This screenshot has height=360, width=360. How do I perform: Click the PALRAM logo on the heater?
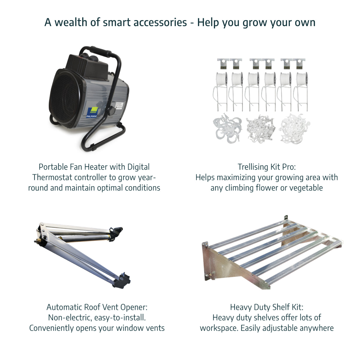pyautogui.click(x=91, y=113)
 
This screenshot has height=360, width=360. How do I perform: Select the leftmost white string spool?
pyautogui.click(x=221, y=79)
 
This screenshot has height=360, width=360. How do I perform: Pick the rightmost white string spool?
pyautogui.click(x=302, y=79)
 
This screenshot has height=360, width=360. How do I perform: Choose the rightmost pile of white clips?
pyautogui.click(x=294, y=129)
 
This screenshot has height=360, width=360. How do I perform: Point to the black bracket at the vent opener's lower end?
pyautogui.click(x=121, y=281)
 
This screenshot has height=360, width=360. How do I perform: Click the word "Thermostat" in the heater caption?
pyautogui.click(x=52, y=177)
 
